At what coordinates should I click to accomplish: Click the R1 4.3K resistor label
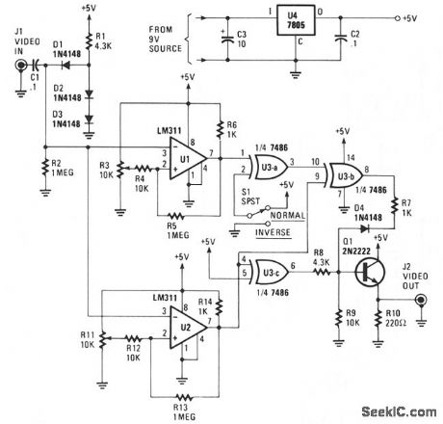click(x=106, y=41)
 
